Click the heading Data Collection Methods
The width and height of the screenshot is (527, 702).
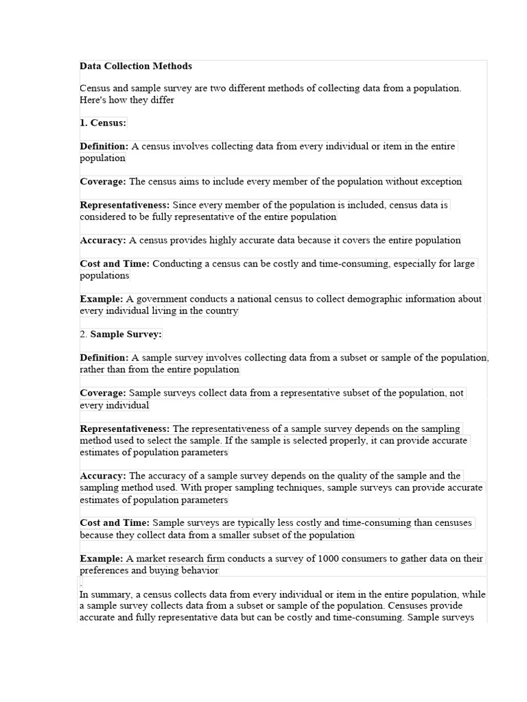pos(136,66)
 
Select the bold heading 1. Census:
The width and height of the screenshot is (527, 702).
pos(103,123)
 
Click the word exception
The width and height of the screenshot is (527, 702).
pos(440,182)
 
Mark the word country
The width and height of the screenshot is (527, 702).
pos(221,311)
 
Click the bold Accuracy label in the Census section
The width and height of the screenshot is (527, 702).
pos(102,240)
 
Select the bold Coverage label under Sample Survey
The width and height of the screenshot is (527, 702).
pos(103,393)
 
